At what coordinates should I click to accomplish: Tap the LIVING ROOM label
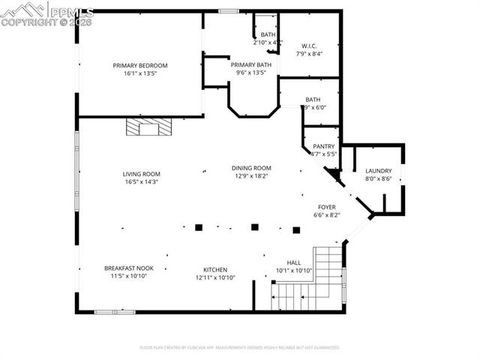pos(142,174)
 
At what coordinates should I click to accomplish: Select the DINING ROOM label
pos(252,168)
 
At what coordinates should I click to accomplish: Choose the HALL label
pos(294,263)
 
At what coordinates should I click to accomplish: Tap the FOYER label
pos(327,206)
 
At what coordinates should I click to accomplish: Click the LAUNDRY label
pos(378,171)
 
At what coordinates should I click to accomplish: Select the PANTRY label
pos(323,146)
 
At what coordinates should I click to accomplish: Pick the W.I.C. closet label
pos(309,46)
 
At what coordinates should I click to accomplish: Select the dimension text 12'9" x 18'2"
pos(252,176)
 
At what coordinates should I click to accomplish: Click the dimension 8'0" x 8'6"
pos(378,179)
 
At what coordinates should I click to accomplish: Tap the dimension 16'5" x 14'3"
pos(142,182)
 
